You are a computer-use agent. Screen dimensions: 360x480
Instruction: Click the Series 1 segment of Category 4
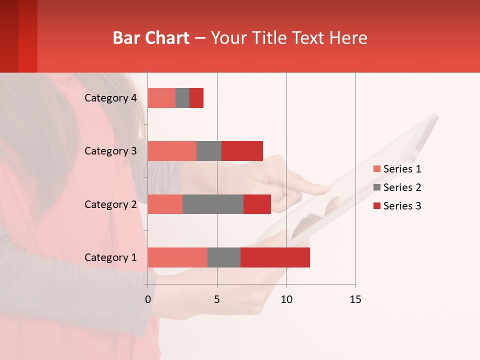pos(161,98)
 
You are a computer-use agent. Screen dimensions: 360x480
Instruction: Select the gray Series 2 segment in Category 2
pos(213,204)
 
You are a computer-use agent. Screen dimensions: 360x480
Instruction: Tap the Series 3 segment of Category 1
pos(275,257)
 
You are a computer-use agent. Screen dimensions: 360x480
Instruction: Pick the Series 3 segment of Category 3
pos(242,151)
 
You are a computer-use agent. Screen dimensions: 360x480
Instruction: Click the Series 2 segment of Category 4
pos(182,98)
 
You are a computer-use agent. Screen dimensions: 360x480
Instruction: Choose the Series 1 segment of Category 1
pos(177,257)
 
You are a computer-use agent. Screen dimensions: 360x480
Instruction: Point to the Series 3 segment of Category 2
pos(257,204)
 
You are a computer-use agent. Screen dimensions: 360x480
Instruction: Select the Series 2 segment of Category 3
pos(209,151)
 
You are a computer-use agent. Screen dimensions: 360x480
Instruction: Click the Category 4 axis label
pos(110,98)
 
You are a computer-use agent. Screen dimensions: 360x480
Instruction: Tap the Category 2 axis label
pos(110,204)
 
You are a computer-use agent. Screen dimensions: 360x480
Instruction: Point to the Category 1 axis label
pos(110,257)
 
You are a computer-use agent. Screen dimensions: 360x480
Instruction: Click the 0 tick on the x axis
pos(148,299)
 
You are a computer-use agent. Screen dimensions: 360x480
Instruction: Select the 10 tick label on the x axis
pos(286,299)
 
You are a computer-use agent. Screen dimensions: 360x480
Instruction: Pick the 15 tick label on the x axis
pos(355,299)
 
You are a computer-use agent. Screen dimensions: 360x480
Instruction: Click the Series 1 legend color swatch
pos(376,169)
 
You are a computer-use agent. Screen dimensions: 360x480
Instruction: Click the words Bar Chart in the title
pos(151,38)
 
